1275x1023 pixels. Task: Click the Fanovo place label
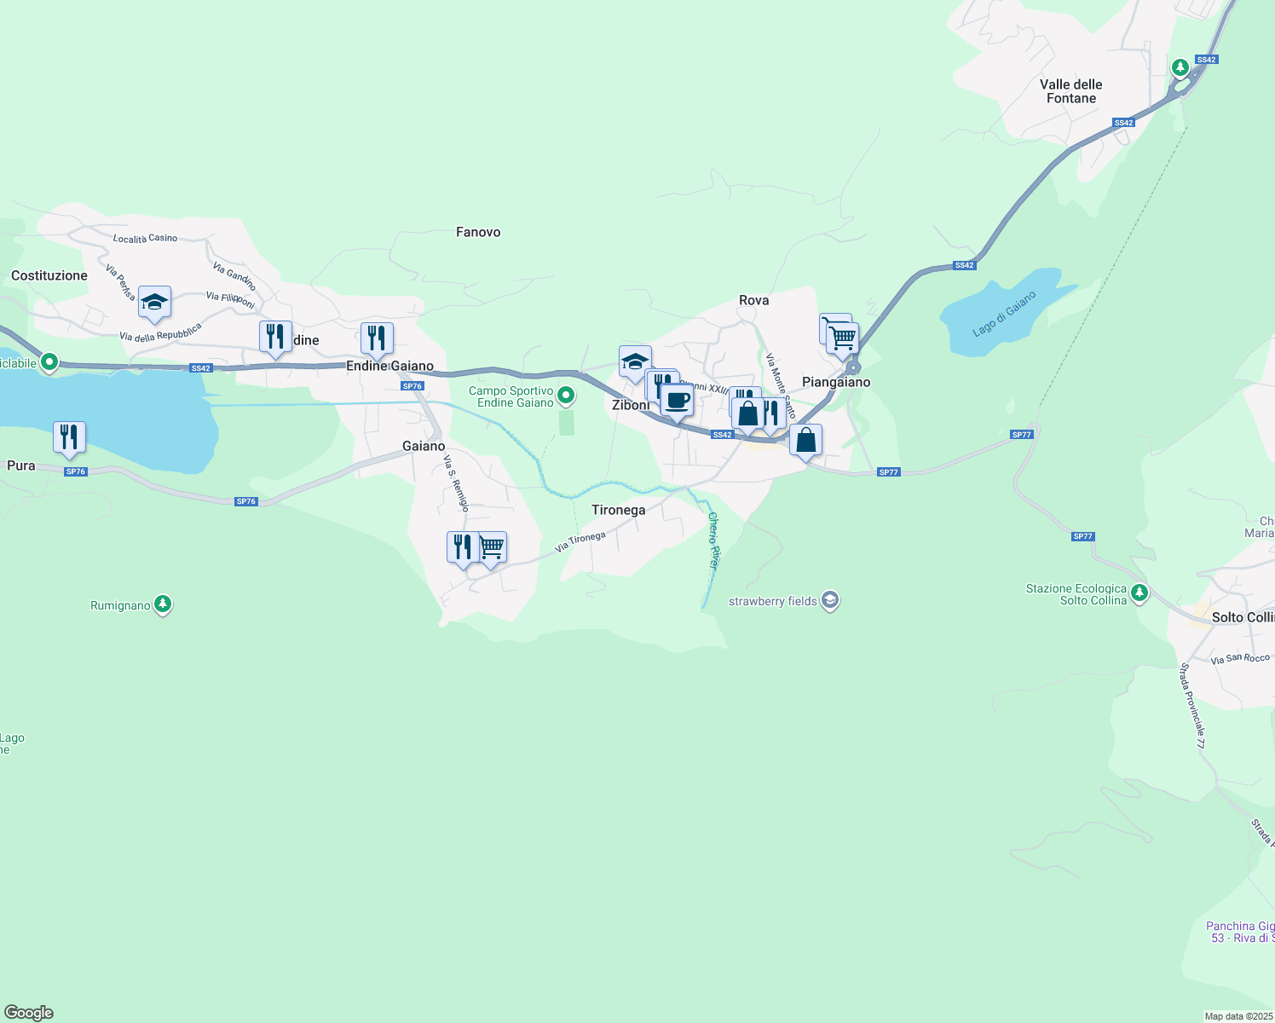[478, 232]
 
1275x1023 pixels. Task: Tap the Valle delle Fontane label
[1070, 91]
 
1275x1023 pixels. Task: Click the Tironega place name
[618, 510]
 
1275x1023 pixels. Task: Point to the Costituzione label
[49, 275]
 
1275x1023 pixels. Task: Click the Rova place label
[753, 300]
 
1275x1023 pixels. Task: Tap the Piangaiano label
[836, 382]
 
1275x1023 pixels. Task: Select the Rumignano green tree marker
[163, 604]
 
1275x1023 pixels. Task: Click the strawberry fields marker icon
[831, 601]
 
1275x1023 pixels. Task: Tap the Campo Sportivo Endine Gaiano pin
[566, 396]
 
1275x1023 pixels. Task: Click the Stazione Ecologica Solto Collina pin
[1139, 592]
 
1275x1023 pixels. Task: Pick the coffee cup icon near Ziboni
[678, 400]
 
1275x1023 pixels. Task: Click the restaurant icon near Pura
[69, 436]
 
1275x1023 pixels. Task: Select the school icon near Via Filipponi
[154, 302]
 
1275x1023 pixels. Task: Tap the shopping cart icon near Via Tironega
[492, 547]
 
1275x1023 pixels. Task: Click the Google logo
[29, 1013]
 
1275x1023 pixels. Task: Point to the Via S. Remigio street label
[456, 483]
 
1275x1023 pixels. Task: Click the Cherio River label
[713, 540]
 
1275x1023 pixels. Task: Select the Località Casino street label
[145, 239]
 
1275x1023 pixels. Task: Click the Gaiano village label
[424, 446]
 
